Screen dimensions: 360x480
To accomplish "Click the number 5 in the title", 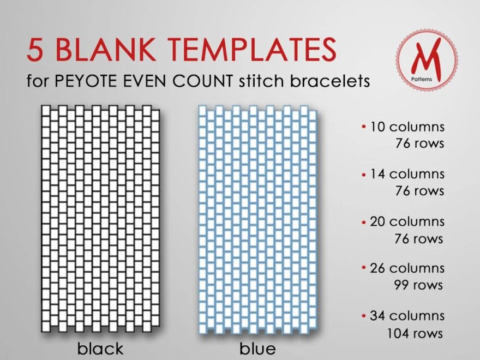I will (36, 50).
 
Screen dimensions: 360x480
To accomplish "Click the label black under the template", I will (100, 349).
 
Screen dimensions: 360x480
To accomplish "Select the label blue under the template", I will (257, 349).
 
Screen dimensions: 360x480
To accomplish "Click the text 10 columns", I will (407, 127).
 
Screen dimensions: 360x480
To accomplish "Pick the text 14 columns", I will (407, 174).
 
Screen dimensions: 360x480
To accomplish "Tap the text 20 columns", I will (407, 221).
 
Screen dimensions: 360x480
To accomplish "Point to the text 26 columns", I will (407, 268).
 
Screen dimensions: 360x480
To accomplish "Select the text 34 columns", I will (407, 315).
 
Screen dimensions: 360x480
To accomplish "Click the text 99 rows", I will (418, 285).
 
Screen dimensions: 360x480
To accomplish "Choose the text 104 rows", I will (415, 333).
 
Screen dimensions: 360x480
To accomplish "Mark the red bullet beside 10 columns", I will (364, 128).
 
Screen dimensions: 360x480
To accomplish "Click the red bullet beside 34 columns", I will (364, 316).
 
